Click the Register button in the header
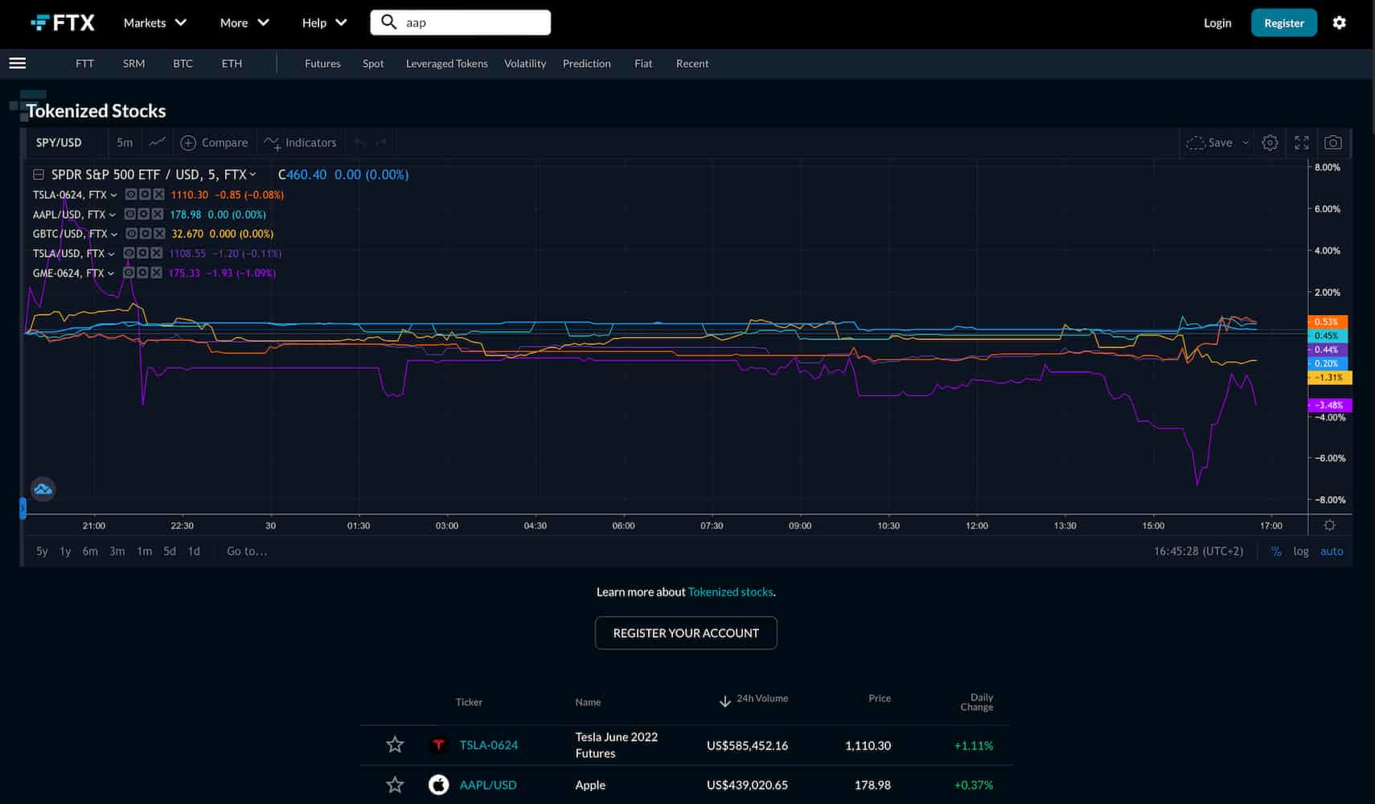(1283, 23)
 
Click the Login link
(1217, 23)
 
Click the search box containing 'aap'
(470, 23)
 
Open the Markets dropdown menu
(154, 23)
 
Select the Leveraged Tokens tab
(446, 64)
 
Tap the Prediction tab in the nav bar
(586, 64)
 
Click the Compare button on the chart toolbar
(215, 142)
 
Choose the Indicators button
(301, 142)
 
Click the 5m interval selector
(125, 142)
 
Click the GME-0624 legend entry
(68, 273)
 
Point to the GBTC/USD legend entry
(70, 234)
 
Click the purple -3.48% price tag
(1330, 405)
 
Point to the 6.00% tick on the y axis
(1327, 209)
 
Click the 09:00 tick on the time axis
(799, 526)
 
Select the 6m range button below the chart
(90, 552)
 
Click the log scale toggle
(1300, 552)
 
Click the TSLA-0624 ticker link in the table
(488, 745)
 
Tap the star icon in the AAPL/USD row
(395, 785)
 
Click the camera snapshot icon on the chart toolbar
(1332, 142)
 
